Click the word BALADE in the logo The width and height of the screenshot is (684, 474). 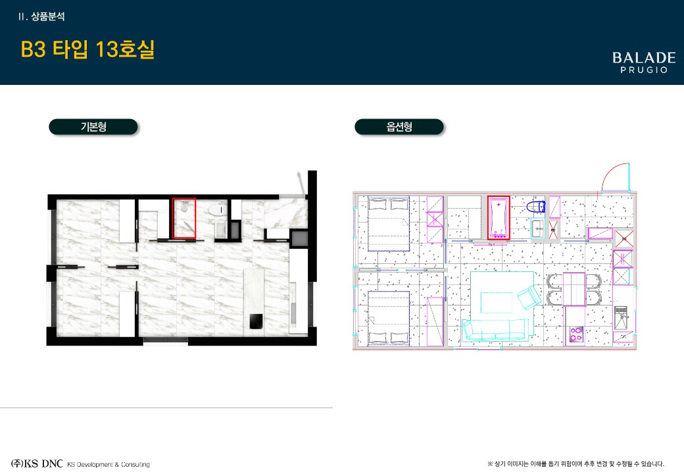(x=644, y=58)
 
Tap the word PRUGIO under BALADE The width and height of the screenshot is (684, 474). (x=645, y=70)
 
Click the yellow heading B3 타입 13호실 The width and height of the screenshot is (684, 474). (x=87, y=49)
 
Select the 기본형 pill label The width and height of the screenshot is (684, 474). (x=93, y=126)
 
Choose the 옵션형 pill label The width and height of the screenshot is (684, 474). (x=399, y=126)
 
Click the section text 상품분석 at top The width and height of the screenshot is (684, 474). (x=48, y=16)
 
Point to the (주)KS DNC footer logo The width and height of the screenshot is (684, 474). (x=37, y=463)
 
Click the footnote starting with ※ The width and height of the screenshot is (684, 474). (x=576, y=463)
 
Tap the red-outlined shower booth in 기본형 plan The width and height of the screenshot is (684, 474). (x=183, y=218)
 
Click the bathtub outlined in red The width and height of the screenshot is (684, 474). (x=499, y=217)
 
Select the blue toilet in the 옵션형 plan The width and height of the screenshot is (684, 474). (x=535, y=207)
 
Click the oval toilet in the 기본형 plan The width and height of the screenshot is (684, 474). (x=218, y=210)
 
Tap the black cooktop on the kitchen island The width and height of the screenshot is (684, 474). (x=256, y=321)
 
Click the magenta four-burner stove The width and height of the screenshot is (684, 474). (x=576, y=334)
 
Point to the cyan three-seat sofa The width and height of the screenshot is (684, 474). (x=495, y=330)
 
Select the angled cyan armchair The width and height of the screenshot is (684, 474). (x=529, y=298)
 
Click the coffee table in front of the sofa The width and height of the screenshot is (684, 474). (x=497, y=302)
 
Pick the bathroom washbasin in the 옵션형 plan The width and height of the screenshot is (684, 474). (x=538, y=228)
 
